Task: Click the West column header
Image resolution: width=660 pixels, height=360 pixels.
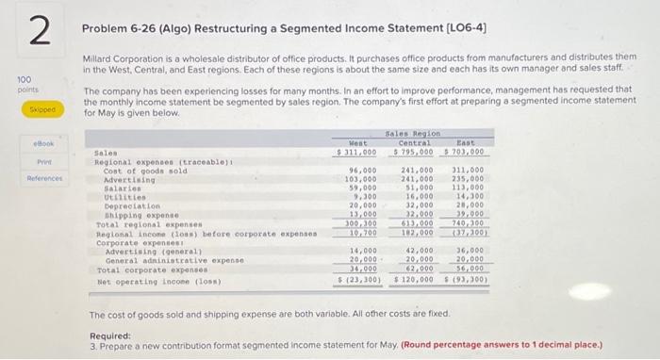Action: coord(361,142)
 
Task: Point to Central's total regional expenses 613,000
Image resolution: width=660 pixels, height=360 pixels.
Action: coord(417,222)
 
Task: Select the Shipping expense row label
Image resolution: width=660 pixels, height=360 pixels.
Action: coord(140,214)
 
